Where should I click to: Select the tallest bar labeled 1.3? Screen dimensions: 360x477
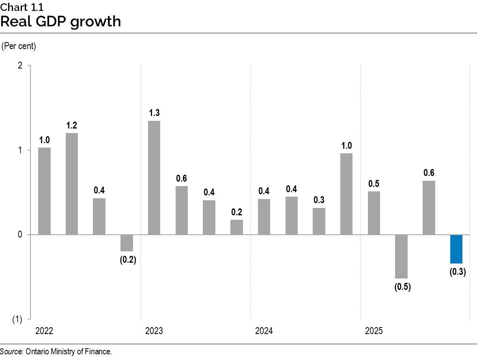click(x=154, y=178)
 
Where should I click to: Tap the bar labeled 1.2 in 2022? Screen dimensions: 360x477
click(x=72, y=184)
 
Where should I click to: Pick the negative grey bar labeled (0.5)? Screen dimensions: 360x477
click(x=401, y=256)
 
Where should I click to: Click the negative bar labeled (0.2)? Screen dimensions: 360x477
click(x=127, y=243)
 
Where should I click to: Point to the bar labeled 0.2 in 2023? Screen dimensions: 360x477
click(x=236, y=227)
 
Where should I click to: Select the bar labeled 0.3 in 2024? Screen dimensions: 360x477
click(x=319, y=221)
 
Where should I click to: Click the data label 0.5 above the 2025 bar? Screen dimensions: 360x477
click(x=374, y=183)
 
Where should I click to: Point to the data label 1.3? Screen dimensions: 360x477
click(x=154, y=113)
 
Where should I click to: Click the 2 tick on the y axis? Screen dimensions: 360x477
click(x=20, y=66)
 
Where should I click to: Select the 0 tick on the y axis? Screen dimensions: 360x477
click(x=20, y=235)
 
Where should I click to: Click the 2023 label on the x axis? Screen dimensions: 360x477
click(x=154, y=331)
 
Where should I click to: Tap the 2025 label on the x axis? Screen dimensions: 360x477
click(x=374, y=331)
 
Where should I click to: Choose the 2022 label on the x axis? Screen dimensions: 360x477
click(x=44, y=331)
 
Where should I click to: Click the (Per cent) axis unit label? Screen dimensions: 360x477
click(x=19, y=46)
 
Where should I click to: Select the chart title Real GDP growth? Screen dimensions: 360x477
click(x=61, y=21)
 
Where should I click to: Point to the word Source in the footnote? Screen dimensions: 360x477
click(x=12, y=352)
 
